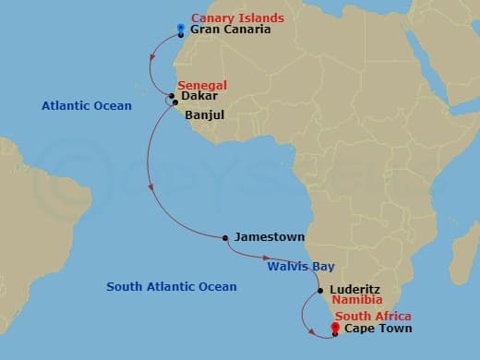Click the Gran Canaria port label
(230, 30)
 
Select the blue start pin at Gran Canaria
(180, 29)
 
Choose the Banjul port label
(204, 116)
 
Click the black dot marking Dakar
(172, 96)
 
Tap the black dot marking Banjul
(175, 103)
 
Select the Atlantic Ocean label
(87, 106)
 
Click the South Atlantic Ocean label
(172, 287)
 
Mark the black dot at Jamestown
(225, 238)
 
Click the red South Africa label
(375, 317)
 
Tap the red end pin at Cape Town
(335, 326)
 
